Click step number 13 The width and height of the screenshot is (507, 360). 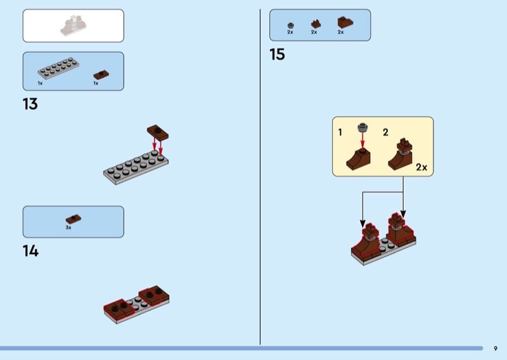click(30, 104)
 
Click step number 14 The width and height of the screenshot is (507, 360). click(30, 251)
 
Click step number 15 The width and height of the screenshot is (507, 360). click(277, 55)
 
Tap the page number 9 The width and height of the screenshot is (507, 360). click(495, 348)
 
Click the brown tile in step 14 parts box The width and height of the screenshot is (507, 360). click(74, 218)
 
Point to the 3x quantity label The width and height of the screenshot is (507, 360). click(68, 227)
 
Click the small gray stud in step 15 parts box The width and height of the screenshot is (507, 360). click(290, 25)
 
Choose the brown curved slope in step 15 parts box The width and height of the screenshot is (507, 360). click(345, 22)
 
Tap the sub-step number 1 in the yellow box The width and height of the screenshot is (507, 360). click(340, 132)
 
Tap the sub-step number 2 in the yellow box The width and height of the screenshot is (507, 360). click(385, 132)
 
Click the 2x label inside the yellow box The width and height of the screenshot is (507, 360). click(421, 168)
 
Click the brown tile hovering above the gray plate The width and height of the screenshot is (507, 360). click(158, 131)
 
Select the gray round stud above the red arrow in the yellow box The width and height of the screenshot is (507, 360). click(363, 127)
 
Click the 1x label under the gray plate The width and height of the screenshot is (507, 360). click(40, 83)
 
